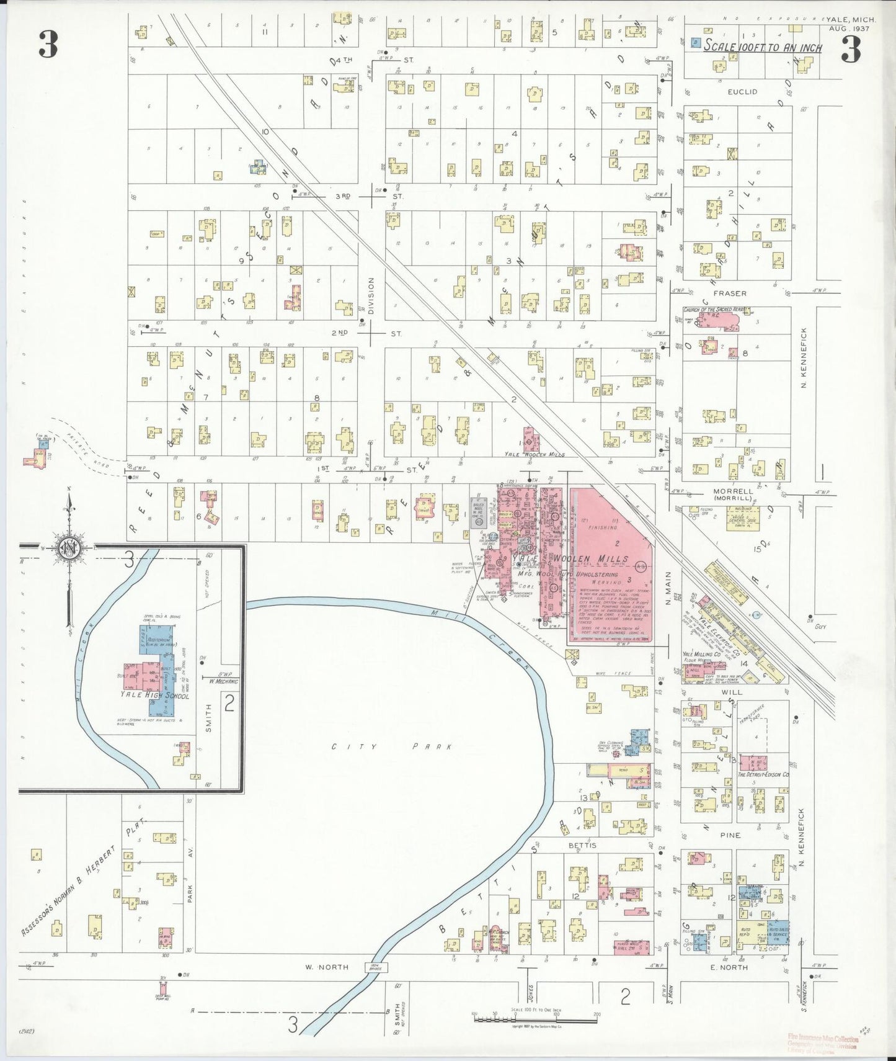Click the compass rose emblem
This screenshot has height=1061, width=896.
pos(68,548)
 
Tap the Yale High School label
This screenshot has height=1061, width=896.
pos(155,696)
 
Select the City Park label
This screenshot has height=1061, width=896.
pos(390,747)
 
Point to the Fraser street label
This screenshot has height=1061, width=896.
pos(729,293)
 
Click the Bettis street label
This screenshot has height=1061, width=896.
pos(582,846)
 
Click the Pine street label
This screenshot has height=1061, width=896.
pos(730,835)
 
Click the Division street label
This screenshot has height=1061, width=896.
pos(371,296)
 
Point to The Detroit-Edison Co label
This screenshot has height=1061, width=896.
pos(762,775)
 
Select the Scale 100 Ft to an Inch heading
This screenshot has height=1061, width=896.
pos(763,48)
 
